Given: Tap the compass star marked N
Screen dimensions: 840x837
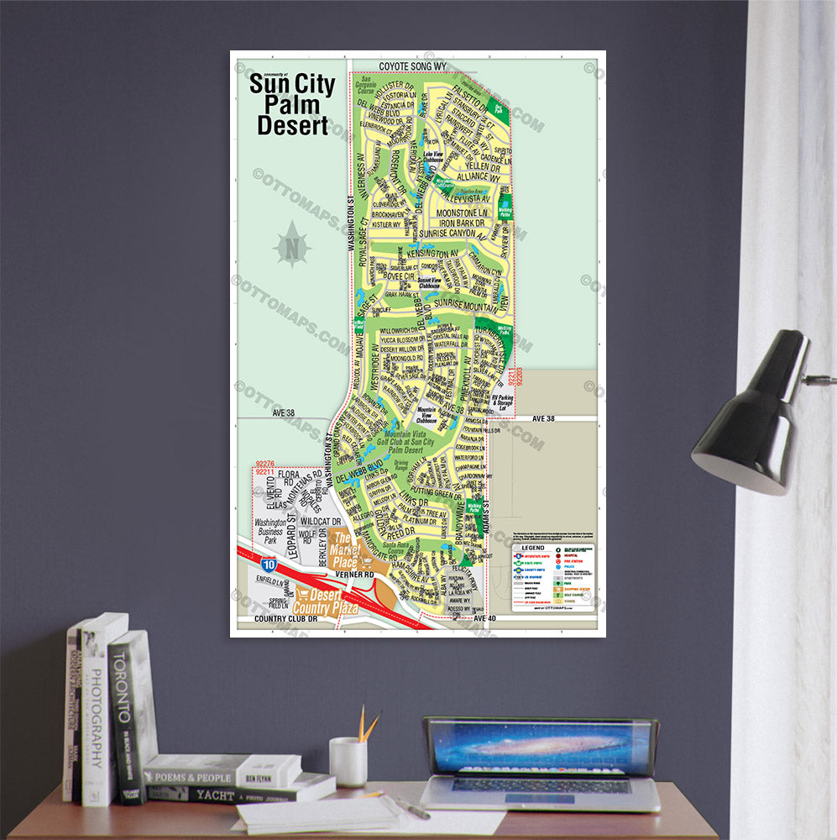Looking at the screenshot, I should click(x=292, y=245).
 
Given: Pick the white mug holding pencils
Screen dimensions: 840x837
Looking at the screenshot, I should click(x=347, y=761).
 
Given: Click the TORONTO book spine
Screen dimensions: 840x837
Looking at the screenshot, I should click(x=125, y=714).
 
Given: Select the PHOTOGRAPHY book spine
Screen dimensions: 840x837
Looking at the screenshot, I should click(x=97, y=714).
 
